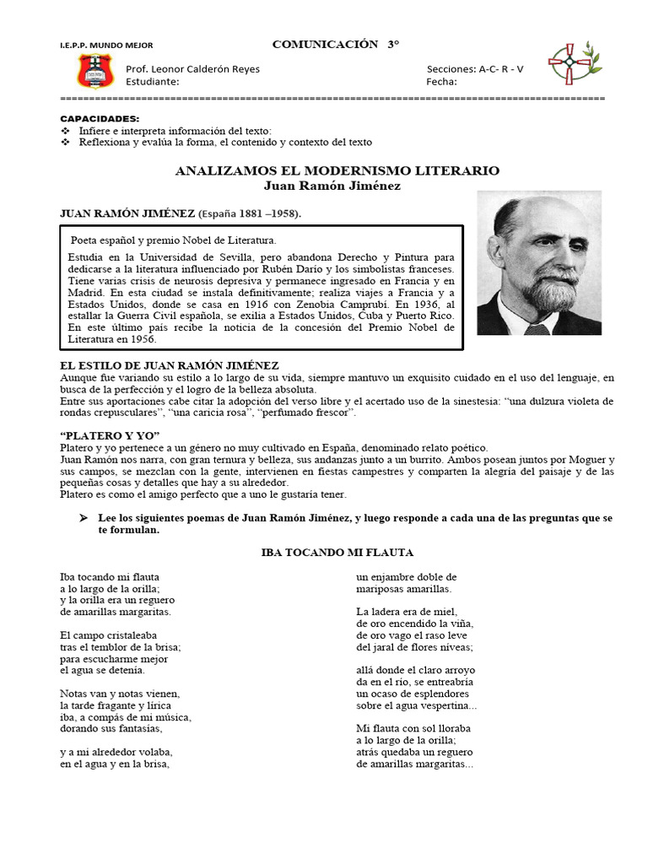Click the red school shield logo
(x=95, y=72)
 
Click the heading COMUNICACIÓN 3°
(x=335, y=44)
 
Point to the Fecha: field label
(x=441, y=82)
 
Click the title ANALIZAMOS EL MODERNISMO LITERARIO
(x=337, y=170)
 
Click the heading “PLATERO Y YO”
(x=100, y=435)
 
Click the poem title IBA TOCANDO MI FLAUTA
(x=337, y=553)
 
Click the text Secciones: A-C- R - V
(x=475, y=69)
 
